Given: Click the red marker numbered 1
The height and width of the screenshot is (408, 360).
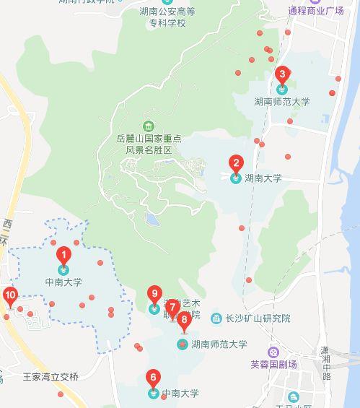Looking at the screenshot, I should (64, 255).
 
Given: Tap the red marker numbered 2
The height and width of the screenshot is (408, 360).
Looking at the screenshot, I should (235, 164).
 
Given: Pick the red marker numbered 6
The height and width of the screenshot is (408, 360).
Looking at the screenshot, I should (152, 378).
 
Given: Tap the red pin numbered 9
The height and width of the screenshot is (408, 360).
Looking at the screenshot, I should (154, 295).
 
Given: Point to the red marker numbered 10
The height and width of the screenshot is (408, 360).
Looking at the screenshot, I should (10, 295).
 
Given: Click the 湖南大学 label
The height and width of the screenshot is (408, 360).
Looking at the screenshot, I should (263, 177).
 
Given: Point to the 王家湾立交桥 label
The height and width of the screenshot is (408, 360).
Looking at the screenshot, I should (51, 376).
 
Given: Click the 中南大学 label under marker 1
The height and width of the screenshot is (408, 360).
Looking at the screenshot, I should (63, 282).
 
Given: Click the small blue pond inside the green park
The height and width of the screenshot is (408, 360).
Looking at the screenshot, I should (152, 218).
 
